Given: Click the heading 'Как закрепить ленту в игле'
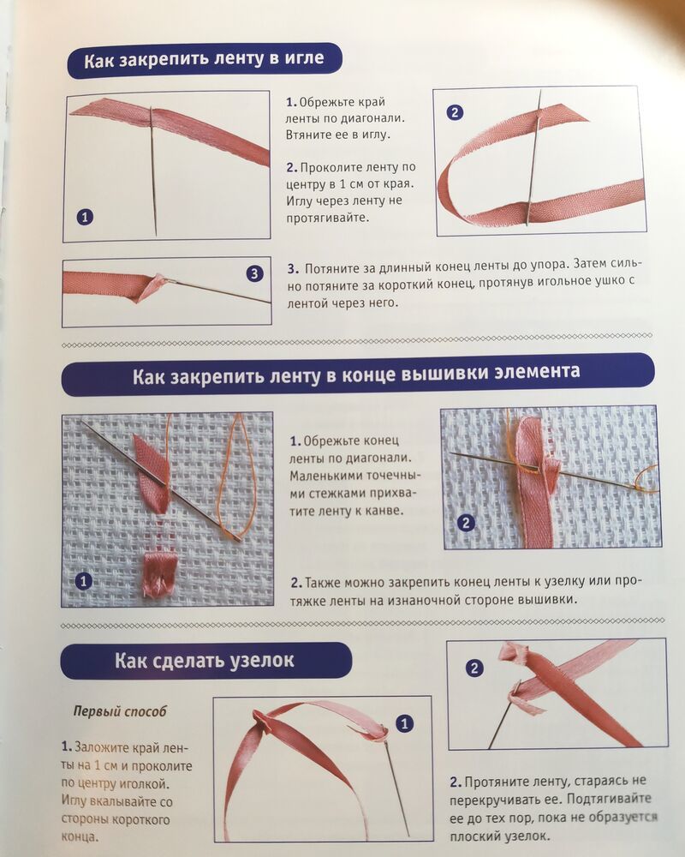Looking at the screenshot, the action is tap(204, 59).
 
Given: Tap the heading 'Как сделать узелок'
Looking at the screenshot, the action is tap(205, 660).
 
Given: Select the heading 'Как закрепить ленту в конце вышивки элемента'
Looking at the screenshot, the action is tap(356, 374).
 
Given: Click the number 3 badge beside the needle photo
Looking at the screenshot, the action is tap(254, 273).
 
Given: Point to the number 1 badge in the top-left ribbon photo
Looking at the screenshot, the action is tap(85, 217).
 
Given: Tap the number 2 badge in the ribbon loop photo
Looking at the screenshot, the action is tap(455, 112).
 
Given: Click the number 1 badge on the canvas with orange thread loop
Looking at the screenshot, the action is tap(84, 581).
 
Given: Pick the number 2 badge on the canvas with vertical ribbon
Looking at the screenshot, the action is tap(466, 523).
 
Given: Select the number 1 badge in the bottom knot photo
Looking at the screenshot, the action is tap(404, 724).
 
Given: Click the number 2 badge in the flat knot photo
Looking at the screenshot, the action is tap(474, 668).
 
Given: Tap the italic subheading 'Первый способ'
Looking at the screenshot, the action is tap(120, 711).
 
